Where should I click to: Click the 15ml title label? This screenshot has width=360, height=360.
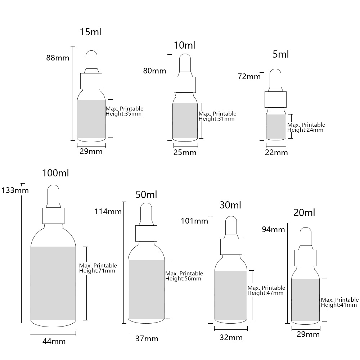(x=90, y=32)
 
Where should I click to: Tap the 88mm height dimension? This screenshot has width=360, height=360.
(x=58, y=58)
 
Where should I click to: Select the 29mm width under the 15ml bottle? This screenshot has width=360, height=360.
(x=91, y=152)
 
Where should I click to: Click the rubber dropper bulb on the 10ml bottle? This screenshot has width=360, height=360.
(x=185, y=63)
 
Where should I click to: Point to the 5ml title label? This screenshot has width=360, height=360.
(x=280, y=54)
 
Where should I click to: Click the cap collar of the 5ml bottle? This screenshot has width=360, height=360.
(x=275, y=99)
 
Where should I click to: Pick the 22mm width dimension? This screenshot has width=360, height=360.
(x=276, y=153)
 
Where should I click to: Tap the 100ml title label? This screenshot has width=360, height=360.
(x=55, y=173)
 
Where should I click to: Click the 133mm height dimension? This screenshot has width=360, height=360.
(x=15, y=190)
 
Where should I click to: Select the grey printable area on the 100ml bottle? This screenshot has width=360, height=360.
(x=53, y=283)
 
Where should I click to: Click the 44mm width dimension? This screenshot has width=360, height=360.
(x=54, y=341)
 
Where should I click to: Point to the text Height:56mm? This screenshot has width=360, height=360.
(x=183, y=279)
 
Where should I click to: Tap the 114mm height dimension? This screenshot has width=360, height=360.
(x=108, y=211)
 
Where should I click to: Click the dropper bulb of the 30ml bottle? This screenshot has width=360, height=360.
(x=231, y=225)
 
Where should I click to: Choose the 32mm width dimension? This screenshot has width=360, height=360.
(x=231, y=338)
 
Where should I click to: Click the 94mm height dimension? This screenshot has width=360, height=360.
(x=273, y=230)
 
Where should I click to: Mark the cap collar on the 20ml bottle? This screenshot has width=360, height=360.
(x=305, y=258)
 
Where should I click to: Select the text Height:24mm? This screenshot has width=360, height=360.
(x=305, y=130)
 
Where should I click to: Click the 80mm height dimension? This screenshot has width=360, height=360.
(x=154, y=71)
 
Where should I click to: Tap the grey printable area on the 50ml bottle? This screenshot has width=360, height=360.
(x=146, y=289)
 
